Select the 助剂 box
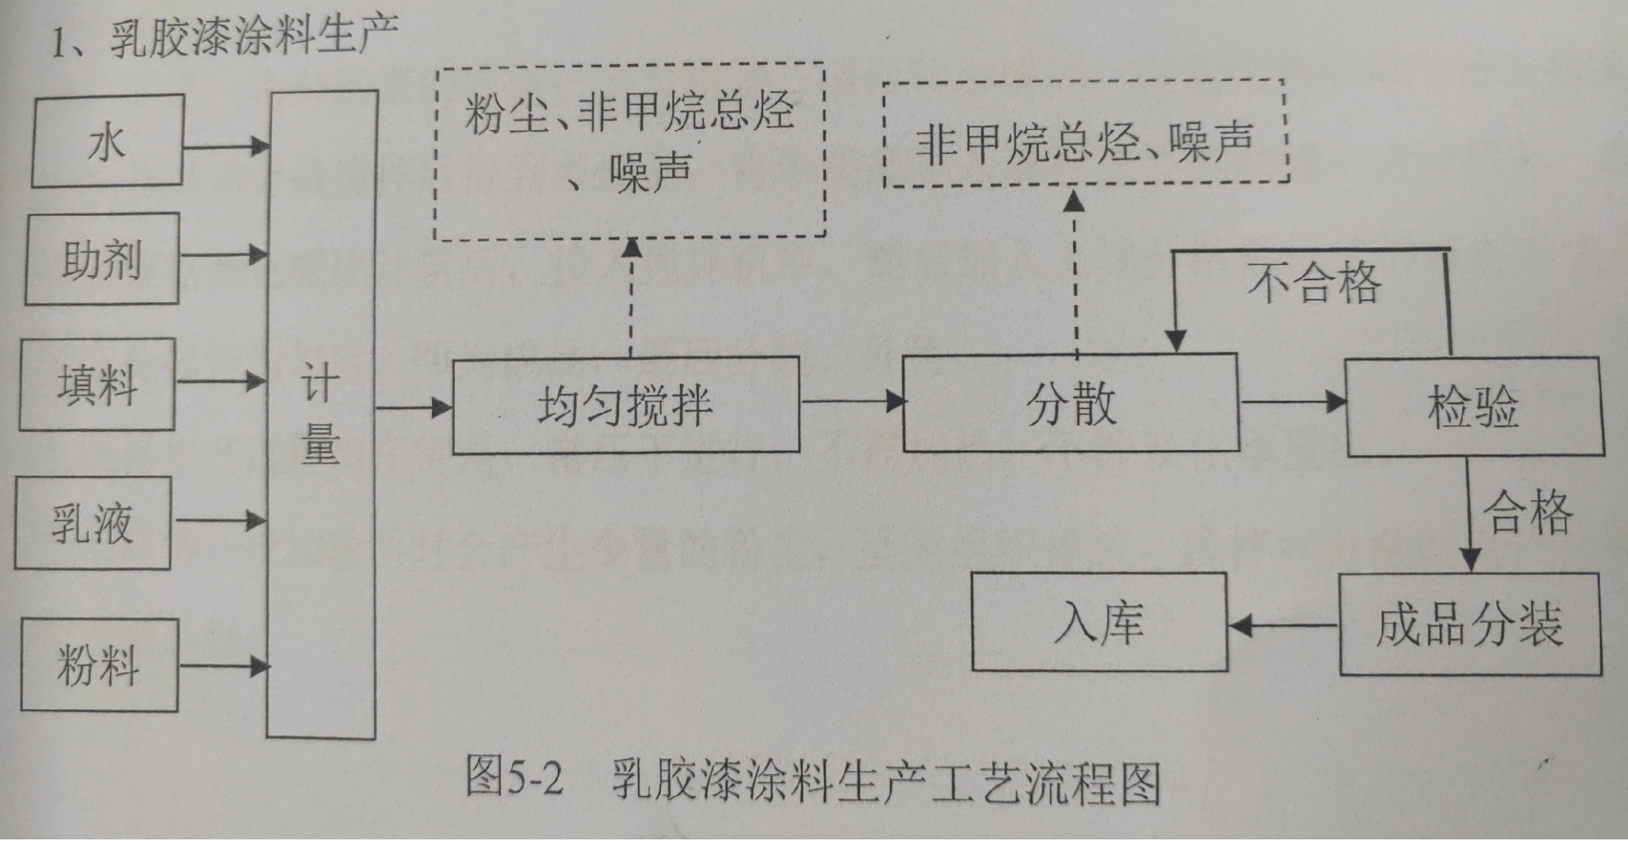101,259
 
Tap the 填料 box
97,385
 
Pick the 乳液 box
93,523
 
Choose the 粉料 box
99,665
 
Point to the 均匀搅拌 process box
625,406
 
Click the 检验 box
1473,407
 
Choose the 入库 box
1099,623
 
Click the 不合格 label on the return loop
1313,282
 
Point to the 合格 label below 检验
1527,512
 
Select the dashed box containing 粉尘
630,151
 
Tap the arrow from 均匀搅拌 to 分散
851,401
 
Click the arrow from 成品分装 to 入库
1283,626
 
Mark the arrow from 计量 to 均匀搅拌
414,408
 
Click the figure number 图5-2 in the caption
514,778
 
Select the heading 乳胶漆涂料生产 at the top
254,36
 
